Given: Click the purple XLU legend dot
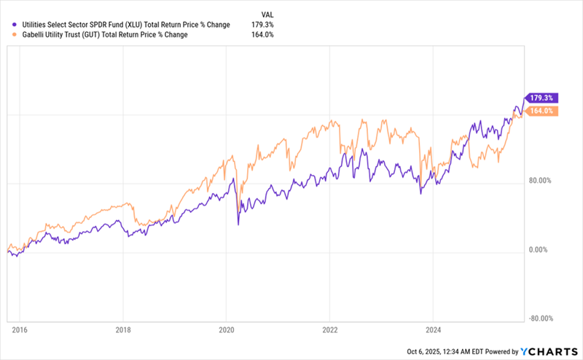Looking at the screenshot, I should pyautogui.click(x=7, y=24).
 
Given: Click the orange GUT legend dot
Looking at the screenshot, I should pyautogui.click(x=7, y=34).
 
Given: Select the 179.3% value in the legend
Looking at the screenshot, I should pyautogui.click(x=261, y=24).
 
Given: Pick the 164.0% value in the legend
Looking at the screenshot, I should pyautogui.click(x=261, y=34).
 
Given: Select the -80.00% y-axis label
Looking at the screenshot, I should pyautogui.click(x=541, y=318).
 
